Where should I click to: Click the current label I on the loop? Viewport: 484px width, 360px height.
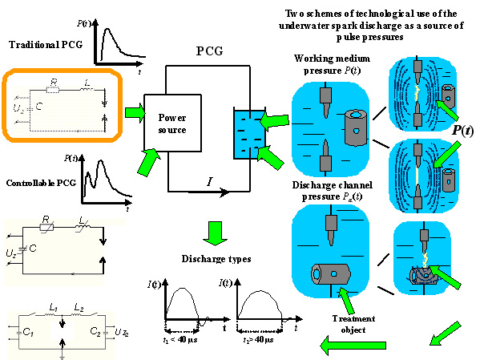(209, 183)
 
